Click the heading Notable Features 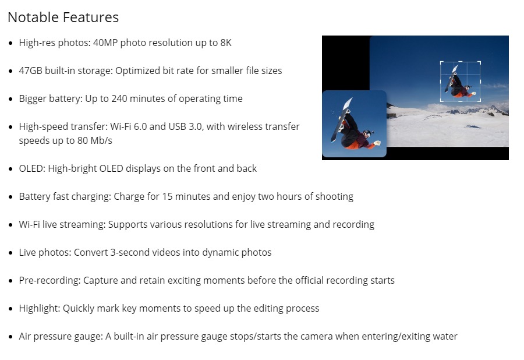coord(63,17)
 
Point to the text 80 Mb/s coord(94,141)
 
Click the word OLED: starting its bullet coord(32,168)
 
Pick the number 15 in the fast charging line coord(167,196)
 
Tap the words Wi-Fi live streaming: coord(62,224)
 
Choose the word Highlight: coord(40,309)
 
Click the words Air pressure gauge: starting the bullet coord(61,337)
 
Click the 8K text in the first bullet coord(226,43)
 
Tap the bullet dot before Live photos coord(11,253)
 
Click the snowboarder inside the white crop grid coord(458,83)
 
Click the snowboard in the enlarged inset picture coord(341,119)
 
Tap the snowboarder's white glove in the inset coord(377,143)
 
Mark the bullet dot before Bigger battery coord(11,99)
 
